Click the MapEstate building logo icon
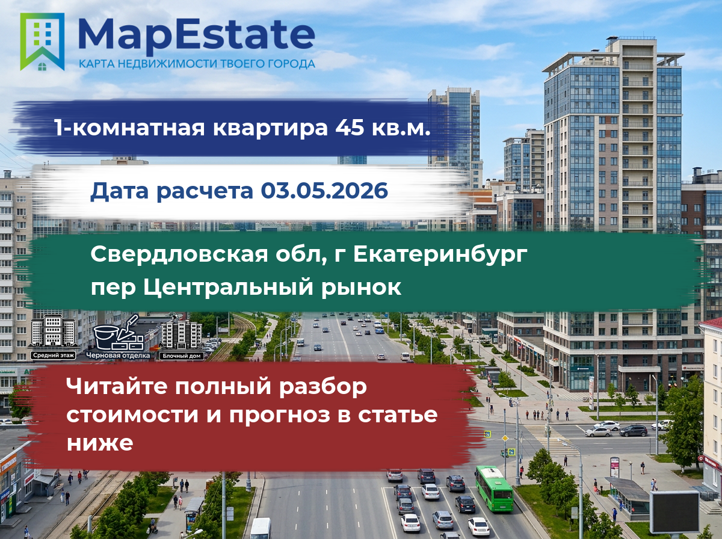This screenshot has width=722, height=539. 42,42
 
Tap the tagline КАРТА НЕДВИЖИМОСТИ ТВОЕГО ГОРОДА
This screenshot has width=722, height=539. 197,64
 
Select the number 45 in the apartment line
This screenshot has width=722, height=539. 350,128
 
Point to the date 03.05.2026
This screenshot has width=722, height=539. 324,191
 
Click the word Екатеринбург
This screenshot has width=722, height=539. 440,255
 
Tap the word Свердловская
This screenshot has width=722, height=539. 179,255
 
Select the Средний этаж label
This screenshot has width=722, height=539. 54,356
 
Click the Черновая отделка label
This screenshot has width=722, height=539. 118,356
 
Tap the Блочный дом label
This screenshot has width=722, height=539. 182,356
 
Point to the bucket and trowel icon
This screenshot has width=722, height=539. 119,333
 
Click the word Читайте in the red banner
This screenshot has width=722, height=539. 117,386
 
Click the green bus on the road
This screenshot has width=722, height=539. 494,488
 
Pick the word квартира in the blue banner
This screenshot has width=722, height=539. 270,128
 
